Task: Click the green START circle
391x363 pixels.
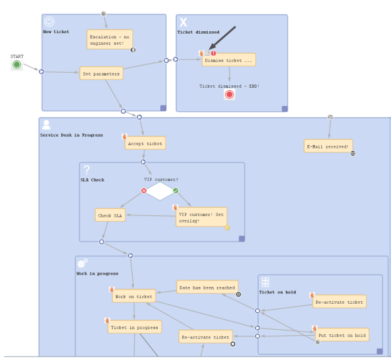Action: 17,65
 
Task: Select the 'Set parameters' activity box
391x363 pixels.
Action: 101,74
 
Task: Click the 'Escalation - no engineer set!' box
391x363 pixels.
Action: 109,40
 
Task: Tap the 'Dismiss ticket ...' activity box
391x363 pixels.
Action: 229,60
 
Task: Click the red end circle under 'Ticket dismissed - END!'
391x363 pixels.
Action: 229,94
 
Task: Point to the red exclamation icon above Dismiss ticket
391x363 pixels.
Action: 214,53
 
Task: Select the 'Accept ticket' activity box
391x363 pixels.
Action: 145,143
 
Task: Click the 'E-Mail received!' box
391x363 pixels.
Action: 328,146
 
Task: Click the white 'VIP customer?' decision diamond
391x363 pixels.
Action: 160,191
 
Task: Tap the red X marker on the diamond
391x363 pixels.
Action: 144,191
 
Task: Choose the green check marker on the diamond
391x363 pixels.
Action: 175,191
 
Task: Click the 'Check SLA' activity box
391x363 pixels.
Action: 110,215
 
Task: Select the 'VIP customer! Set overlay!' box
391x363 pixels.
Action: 201,217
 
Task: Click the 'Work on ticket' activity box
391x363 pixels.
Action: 134,296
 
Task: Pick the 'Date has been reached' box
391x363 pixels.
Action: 207,287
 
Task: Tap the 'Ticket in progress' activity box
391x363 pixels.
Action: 134,327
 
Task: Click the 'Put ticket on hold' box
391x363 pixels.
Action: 342,335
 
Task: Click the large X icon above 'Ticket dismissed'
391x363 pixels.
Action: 183,22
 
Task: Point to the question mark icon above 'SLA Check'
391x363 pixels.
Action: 87,170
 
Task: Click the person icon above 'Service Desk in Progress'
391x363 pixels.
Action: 46,125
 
